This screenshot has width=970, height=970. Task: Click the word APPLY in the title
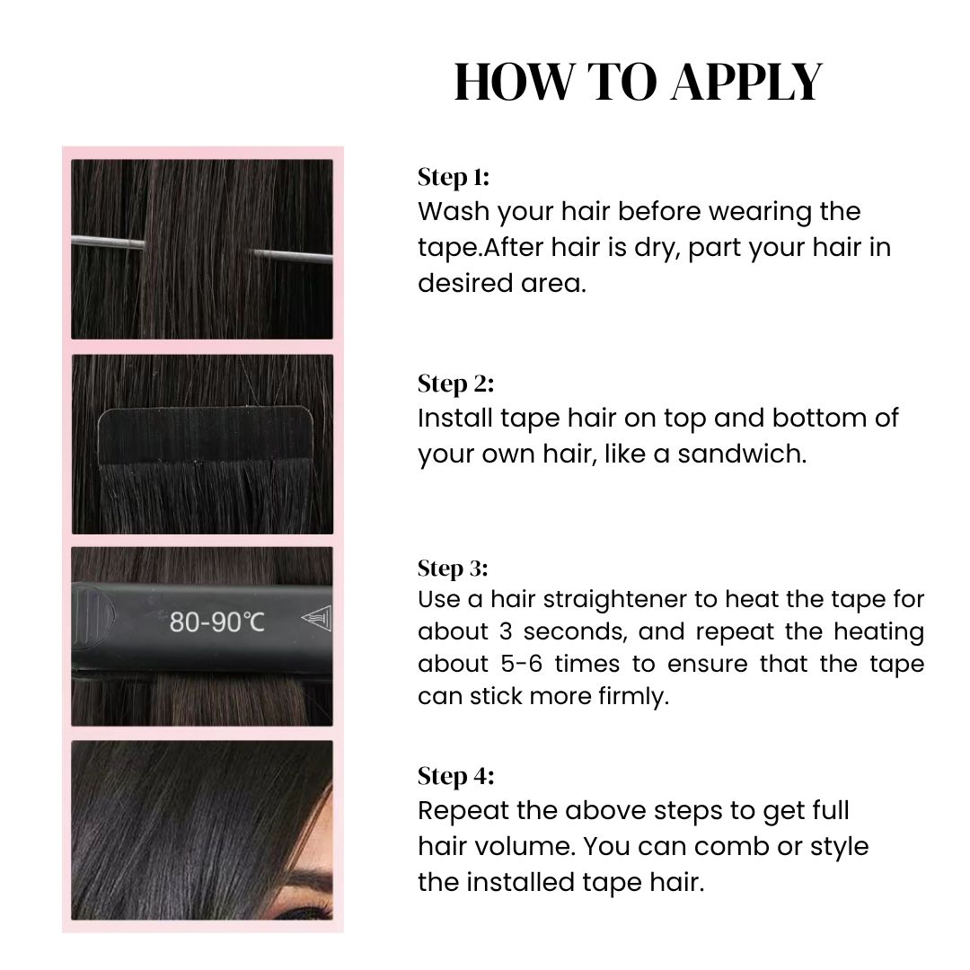coord(745,83)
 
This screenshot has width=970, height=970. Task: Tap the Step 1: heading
coord(454,177)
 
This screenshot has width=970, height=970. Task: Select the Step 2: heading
coord(455,384)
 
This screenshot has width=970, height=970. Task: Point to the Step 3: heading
coord(453,569)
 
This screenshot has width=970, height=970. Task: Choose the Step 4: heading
coord(455,776)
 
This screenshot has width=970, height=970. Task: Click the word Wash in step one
coord(454,212)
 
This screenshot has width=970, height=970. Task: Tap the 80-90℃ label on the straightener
coord(217,621)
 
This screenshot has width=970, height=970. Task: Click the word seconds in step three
coord(572,631)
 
